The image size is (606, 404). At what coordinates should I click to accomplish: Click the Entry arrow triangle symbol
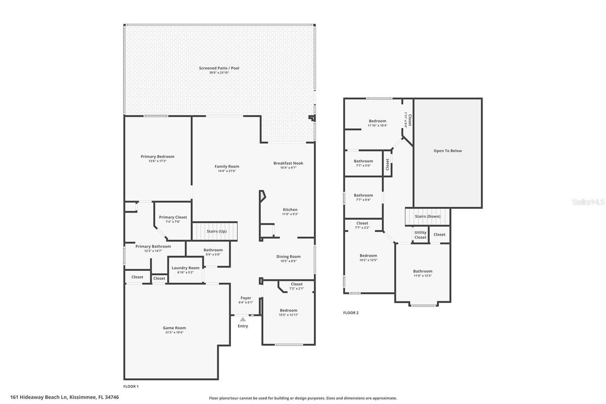[x=243, y=320]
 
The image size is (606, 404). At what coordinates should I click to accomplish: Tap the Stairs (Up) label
[x=217, y=231]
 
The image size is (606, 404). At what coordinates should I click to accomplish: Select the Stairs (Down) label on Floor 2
[x=428, y=216]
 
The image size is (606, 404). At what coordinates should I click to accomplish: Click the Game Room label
[x=174, y=328]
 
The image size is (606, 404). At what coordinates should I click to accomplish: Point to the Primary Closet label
[x=173, y=217]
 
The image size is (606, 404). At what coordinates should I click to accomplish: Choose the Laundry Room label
[x=186, y=268]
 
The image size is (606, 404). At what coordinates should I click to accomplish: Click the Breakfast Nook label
[x=288, y=163]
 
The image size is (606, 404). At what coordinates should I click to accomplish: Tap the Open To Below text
[x=447, y=151]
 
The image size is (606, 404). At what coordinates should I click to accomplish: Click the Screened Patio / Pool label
[x=219, y=68]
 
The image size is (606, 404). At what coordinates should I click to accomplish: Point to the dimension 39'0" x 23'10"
[x=219, y=72]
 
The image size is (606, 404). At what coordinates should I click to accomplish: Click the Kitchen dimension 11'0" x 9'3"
[x=290, y=214]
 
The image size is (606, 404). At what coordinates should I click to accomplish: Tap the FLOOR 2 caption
[x=351, y=313]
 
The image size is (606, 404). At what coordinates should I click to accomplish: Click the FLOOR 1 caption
[x=131, y=386]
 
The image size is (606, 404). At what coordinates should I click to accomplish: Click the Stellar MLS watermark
[x=588, y=202]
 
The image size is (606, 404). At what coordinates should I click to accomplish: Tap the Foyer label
[x=246, y=298]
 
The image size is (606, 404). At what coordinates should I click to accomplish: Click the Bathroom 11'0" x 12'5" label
[x=423, y=271]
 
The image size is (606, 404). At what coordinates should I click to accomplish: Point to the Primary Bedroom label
[x=157, y=156]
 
